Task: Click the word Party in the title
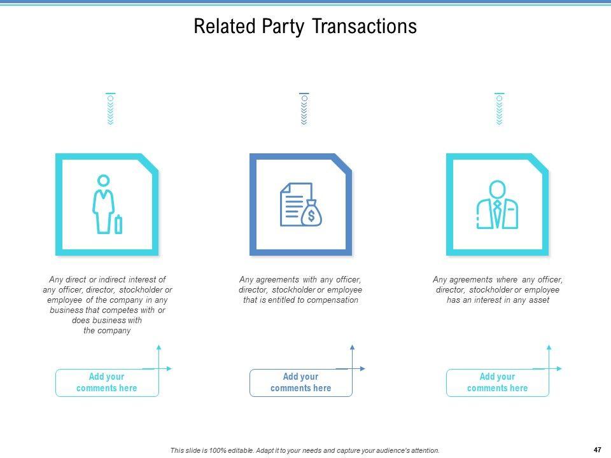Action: [283, 27]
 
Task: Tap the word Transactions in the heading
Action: [364, 26]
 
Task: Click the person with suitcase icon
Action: [107, 204]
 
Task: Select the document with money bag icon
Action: [301, 204]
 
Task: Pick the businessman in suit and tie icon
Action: [497, 204]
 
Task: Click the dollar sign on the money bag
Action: [311, 216]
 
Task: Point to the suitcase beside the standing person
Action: [118, 224]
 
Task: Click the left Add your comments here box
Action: [107, 383]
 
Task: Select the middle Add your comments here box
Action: [301, 383]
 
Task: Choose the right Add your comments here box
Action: [497, 383]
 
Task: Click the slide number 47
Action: [598, 450]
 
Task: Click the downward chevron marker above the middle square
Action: [304, 109]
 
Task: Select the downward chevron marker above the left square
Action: [111, 109]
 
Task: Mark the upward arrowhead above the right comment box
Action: [549, 347]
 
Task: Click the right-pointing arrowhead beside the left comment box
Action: [169, 368]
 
